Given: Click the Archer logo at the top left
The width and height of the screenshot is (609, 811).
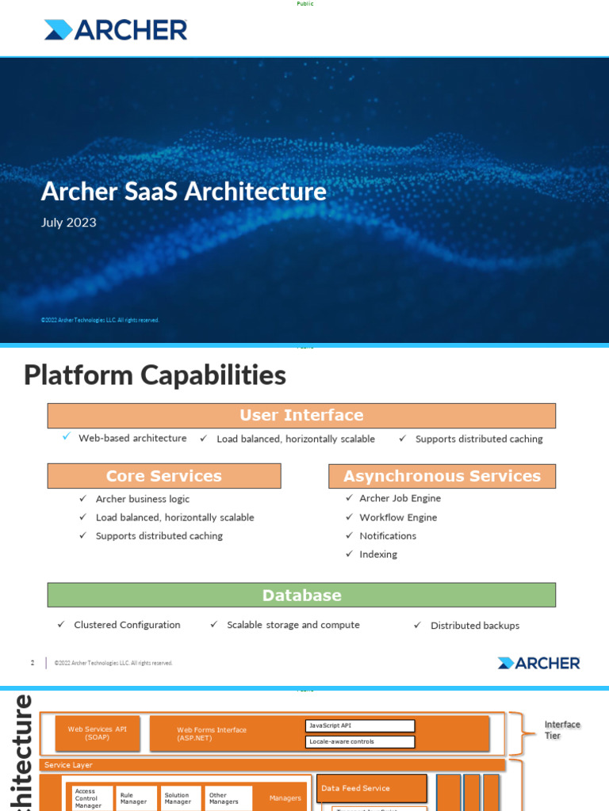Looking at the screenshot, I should [116, 30].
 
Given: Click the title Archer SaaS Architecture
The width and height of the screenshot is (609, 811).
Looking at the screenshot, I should [183, 192].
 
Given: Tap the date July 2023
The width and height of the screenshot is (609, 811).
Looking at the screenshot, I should [68, 223].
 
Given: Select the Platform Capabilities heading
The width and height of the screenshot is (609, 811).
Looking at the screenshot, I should [155, 375].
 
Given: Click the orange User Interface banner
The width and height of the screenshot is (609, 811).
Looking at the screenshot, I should [301, 416].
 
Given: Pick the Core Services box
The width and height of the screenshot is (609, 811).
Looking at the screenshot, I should [164, 476].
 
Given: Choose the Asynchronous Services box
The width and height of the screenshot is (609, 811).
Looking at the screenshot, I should [442, 476].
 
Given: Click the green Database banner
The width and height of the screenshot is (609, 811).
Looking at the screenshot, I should [301, 596].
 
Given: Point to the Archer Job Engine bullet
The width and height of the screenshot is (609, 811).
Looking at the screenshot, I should [400, 498].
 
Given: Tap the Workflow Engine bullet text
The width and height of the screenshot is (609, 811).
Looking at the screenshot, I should [398, 517].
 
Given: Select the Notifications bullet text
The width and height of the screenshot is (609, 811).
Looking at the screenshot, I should [388, 536].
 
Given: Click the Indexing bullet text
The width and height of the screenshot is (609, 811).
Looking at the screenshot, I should [378, 554].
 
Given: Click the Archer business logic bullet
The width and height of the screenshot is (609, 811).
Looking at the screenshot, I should [143, 499].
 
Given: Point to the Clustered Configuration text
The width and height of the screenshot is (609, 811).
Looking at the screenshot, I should [127, 625].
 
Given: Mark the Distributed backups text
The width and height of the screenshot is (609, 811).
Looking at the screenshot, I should [475, 626].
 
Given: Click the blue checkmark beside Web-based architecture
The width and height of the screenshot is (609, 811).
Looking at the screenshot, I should [67, 436].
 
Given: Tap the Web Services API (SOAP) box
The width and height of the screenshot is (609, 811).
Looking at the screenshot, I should [98, 733].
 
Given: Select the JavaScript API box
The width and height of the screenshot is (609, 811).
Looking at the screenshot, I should [360, 725].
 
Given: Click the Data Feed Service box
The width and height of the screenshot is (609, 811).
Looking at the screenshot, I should [371, 788].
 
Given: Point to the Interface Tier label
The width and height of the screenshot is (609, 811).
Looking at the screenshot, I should [562, 730].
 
